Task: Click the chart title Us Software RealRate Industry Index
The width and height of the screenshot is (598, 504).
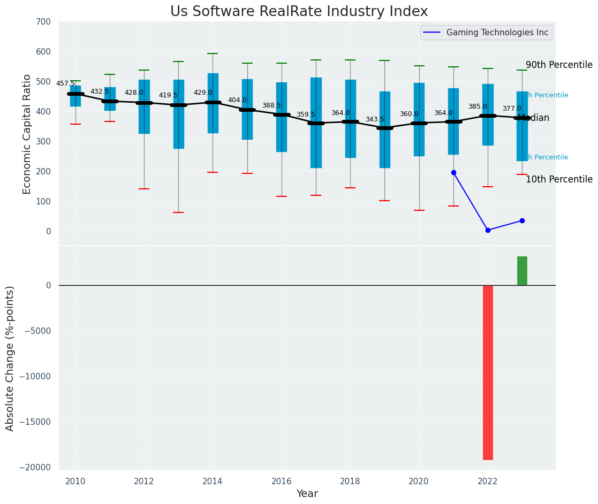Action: tap(299, 12)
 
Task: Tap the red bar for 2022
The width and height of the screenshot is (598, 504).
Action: tap(488, 372)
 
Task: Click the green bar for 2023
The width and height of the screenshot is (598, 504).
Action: tap(522, 271)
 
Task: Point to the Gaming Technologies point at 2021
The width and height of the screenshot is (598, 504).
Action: tap(453, 172)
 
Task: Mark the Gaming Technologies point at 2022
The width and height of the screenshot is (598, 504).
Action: tap(488, 230)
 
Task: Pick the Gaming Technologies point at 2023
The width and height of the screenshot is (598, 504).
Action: tap(522, 220)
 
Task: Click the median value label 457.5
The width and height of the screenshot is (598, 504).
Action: tap(65, 83)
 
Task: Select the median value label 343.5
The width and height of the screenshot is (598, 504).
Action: tap(375, 119)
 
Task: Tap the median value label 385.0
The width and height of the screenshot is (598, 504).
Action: tap(478, 106)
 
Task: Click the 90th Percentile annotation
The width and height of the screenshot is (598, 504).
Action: tap(559, 65)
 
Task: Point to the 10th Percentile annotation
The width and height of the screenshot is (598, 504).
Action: tap(559, 180)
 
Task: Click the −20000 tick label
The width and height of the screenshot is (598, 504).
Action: tap(33, 467)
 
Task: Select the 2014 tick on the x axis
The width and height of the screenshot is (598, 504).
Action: tap(213, 481)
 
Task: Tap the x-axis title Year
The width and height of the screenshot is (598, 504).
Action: tap(307, 494)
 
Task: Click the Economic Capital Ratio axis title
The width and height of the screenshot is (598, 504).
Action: tap(27, 134)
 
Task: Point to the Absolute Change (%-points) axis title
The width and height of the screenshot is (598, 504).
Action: tap(10, 358)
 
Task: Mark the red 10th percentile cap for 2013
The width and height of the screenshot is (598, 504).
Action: tap(178, 212)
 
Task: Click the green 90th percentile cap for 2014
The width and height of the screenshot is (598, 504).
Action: tap(213, 54)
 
